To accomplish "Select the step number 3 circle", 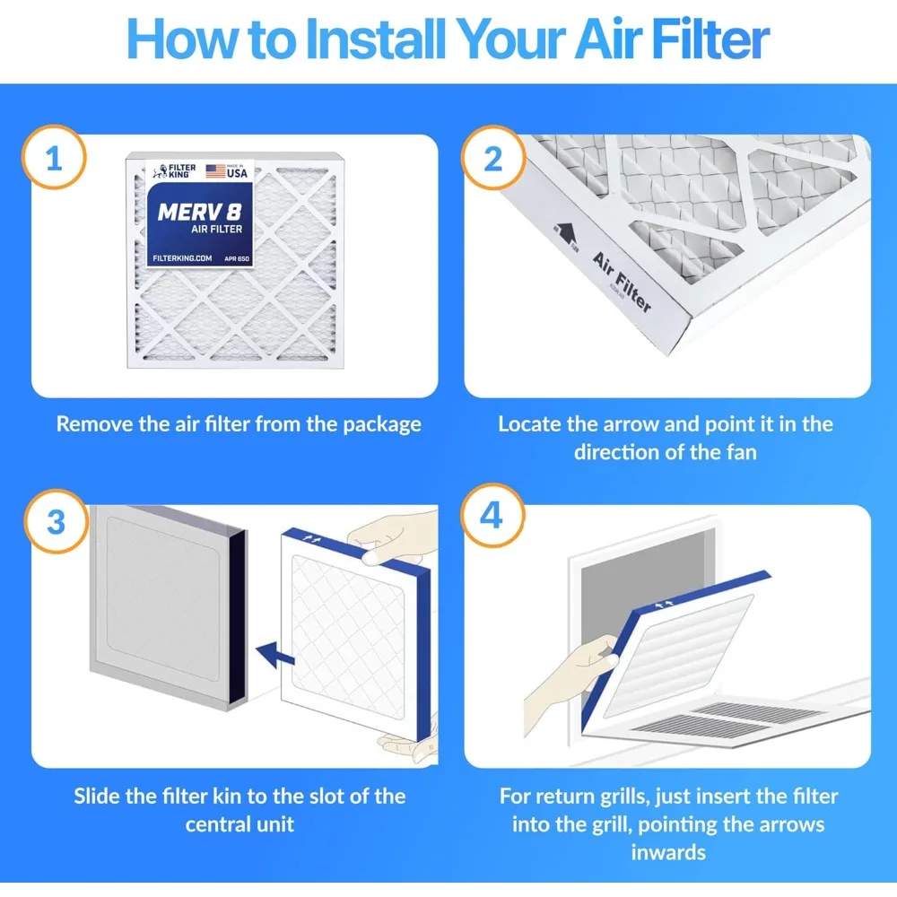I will (55, 522).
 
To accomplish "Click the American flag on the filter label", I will (214, 170).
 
